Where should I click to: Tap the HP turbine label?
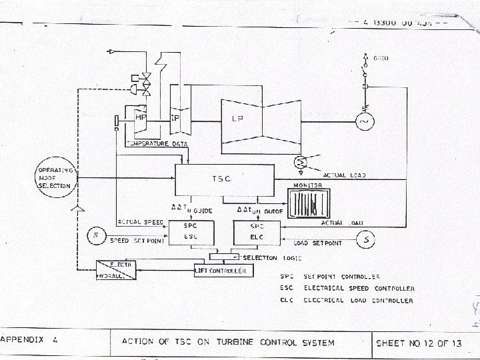(141, 117)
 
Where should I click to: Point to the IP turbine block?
(176, 118)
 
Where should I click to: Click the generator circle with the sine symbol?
(365, 122)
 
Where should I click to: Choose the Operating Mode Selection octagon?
(55, 177)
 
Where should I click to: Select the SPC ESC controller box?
(190, 231)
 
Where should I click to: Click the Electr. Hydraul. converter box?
(117, 270)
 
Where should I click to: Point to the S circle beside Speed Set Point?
(95, 235)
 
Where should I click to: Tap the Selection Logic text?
(260, 258)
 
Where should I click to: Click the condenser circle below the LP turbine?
(300, 162)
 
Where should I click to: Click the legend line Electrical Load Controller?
(359, 301)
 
